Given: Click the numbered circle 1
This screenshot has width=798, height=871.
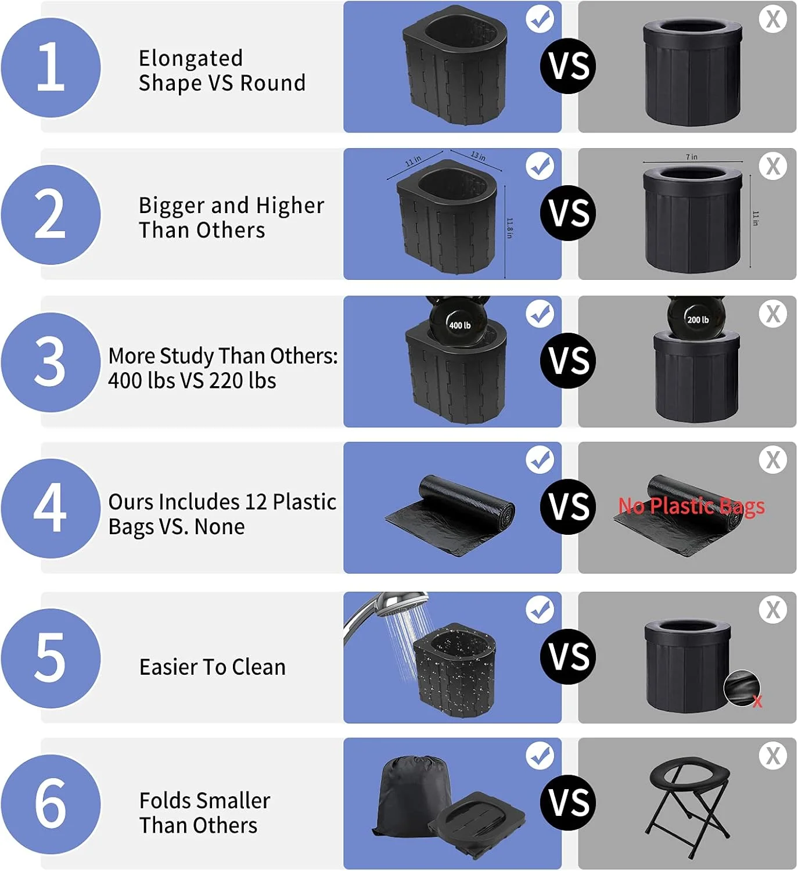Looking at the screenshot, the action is click(x=51, y=67).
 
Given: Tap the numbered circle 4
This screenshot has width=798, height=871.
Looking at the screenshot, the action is click(x=51, y=508).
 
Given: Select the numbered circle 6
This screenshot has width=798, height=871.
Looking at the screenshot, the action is click(x=51, y=804).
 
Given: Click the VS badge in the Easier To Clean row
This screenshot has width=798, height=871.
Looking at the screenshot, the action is click(x=568, y=656).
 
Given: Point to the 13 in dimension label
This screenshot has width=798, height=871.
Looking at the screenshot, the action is click(x=478, y=156).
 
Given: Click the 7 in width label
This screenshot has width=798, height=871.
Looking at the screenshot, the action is click(x=692, y=157).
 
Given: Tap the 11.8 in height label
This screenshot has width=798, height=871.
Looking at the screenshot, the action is click(x=509, y=228).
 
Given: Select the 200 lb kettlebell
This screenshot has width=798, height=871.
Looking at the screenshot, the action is click(x=697, y=317).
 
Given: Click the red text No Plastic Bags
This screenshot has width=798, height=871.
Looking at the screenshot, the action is click(x=692, y=506).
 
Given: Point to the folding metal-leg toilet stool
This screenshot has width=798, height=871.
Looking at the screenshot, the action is click(x=689, y=805).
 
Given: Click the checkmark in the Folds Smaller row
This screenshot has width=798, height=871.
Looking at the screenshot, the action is click(x=540, y=755).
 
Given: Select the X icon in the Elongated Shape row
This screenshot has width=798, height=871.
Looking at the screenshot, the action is click(x=773, y=19).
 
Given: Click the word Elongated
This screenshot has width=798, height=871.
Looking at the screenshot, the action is click(x=190, y=59).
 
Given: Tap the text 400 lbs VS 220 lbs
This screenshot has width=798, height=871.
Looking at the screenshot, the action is click(x=192, y=380).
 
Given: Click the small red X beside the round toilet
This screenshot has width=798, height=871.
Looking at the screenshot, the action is click(x=757, y=701).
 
